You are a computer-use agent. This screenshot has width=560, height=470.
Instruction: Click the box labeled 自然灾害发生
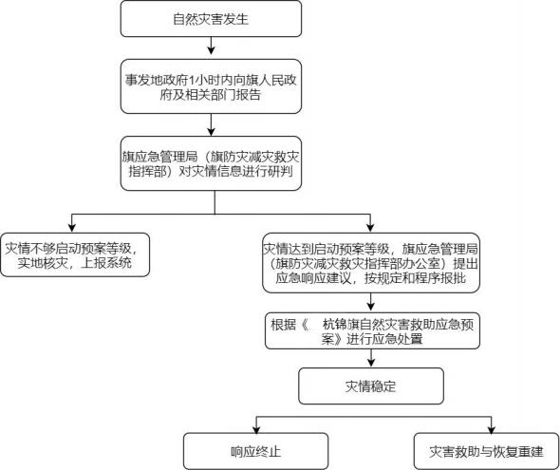[x=211, y=19]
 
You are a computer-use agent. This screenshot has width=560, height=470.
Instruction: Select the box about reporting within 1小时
[x=211, y=86]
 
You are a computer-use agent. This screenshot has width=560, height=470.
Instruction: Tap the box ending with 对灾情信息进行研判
[x=211, y=163]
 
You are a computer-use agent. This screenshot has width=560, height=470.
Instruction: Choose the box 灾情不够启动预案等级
[x=75, y=254]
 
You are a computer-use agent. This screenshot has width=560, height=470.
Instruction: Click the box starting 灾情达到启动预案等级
[x=371, y=263]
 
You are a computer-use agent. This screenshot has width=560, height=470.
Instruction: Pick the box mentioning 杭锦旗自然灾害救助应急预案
[x=372, y=331]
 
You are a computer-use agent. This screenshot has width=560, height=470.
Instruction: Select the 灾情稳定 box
[x=371, y=386]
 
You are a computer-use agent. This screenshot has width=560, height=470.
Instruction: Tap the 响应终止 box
[x=255, y=451]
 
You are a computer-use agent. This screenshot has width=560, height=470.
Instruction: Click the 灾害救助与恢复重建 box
[x=486, y=451]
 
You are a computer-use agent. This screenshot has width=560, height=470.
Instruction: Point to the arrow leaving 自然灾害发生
[x=211, y=46]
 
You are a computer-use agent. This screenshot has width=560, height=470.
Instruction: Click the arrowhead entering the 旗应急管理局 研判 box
[x=211, y=132]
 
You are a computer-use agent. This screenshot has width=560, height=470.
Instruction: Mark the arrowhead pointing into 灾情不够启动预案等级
[x=72, y=228]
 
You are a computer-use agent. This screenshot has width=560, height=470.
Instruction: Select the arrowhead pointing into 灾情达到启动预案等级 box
[x=370, y=228]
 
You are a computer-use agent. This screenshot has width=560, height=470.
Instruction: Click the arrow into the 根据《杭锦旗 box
[x=371, y=302]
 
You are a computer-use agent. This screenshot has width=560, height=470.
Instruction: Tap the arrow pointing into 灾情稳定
[x=371, y=358]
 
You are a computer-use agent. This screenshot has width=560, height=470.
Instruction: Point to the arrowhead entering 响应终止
[x=256, y=428]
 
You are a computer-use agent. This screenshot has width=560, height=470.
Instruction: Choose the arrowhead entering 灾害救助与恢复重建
[x=492, y=428]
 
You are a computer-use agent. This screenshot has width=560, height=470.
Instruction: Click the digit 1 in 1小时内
[x=190, y=80]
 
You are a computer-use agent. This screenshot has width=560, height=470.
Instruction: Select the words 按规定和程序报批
[x=415, y=278]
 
